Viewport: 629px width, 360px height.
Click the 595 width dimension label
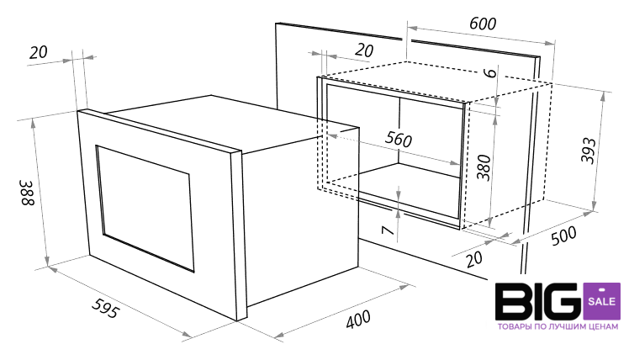(105, 308)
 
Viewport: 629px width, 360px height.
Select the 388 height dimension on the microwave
(28, 193)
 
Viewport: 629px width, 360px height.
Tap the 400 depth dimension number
(358, 319)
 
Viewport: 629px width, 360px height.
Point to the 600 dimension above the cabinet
(483, 24)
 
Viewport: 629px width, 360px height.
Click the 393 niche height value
(589, 151)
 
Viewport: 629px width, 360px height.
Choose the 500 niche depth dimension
(563, 236)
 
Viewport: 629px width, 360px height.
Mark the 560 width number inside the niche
(399, 139)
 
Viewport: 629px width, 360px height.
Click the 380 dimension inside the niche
(484, 167)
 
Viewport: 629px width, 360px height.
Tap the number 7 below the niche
(387, 230)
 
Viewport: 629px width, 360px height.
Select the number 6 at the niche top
(489, 73)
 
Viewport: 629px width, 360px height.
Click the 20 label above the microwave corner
(39, 52)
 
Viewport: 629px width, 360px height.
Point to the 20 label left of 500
(474, 258)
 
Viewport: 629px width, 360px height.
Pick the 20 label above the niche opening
(364, 50)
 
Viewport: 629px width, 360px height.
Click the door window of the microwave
(145, 209)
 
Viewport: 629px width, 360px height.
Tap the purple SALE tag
(602, 302)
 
